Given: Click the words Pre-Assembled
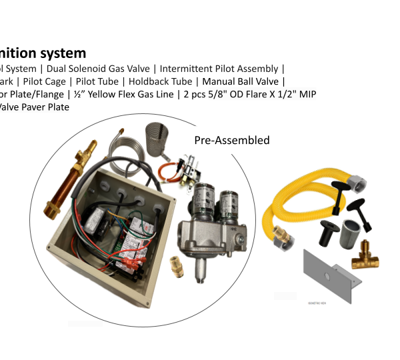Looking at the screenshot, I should (x=231, y=141).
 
